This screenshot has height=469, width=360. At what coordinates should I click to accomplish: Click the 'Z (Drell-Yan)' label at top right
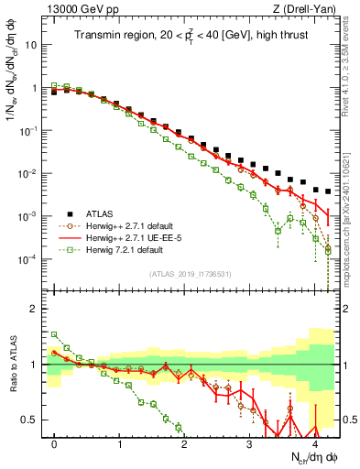tap(305, 10)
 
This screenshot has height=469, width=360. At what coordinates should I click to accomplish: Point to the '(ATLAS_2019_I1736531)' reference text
tap(190, 274)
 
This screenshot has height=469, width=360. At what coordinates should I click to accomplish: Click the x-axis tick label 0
tap(55, 442)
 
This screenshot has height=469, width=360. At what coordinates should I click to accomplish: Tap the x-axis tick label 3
tap(249, 442)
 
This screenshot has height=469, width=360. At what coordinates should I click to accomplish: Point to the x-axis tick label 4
tap(314, 442)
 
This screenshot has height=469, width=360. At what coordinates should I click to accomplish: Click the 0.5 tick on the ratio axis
tap(33, 420)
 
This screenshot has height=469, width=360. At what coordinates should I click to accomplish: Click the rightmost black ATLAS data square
tap(328, 191)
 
